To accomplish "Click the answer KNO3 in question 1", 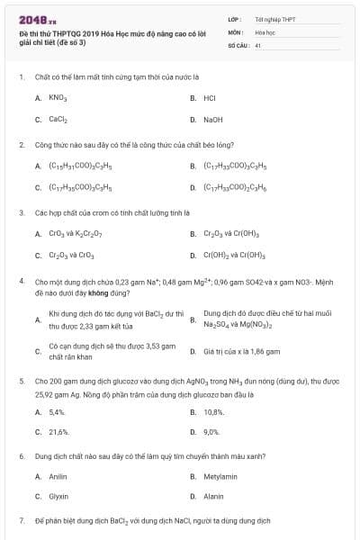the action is [57, 97].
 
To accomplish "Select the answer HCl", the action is [210, 97].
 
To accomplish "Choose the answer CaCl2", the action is [58, 119].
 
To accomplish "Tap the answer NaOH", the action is [212, 119].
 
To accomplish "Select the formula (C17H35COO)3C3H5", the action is [82, 187].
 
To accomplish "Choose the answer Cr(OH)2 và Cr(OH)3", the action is [236, 256].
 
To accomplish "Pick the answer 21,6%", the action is [58, 432].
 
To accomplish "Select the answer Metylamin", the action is [217, 476].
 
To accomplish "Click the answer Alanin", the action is [213, 497].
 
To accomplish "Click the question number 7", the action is [21, 521].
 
